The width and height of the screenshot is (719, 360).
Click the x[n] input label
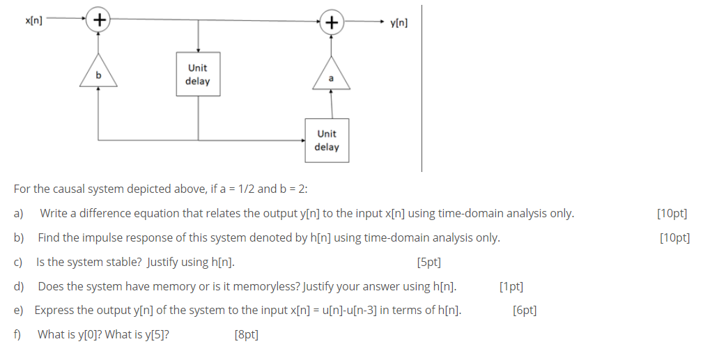pos(33,21)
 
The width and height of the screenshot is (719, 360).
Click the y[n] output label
pos(400,22)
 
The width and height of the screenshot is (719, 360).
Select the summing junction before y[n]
pos(331,22)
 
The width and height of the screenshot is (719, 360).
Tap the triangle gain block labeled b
pos(98,72)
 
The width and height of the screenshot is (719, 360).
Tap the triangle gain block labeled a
pos(331,77)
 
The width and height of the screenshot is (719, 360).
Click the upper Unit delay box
pos(198,75)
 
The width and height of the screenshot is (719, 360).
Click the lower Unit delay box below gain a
pos(327,140)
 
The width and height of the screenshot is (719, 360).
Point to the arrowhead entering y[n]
pos(384,22)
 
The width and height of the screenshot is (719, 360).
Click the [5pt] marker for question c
pos(428,263)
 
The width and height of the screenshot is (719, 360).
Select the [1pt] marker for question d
pos(511,286)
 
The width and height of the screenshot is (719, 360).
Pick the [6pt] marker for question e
pos(524,311)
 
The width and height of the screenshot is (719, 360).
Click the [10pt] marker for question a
pos(672,214)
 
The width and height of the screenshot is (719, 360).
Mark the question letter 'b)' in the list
pos(19,238)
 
